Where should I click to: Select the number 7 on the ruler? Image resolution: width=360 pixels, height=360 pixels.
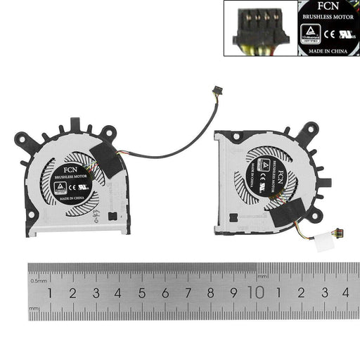coord(188,292)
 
